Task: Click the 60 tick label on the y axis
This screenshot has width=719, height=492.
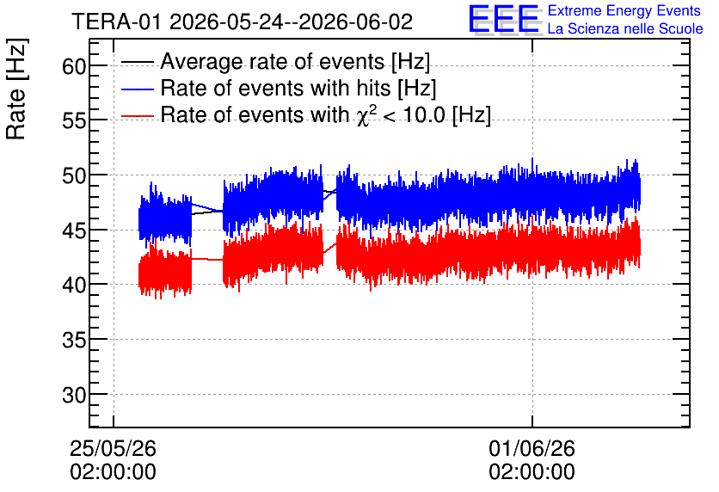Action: [x=74, y=66]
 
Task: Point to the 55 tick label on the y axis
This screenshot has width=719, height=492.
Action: [x=74, y=121]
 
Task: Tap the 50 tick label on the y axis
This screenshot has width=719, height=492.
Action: [x=74, y=175]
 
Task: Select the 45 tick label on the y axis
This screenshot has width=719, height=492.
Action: [x=74, y=231]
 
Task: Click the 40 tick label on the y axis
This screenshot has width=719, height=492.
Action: [x=74, y=286]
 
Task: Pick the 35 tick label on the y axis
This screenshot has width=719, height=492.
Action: [x=74, y=341]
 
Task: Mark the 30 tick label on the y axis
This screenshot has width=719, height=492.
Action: [x=74, y=395]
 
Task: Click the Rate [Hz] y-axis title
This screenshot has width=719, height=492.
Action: [x=16, y=89]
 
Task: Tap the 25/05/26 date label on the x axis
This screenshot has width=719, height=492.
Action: [x=113, y=448]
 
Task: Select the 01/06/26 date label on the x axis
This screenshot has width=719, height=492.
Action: [x=532, y=448]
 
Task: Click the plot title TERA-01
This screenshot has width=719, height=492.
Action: [x=116, y=22]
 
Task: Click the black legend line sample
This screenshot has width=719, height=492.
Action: [x=137, y=62]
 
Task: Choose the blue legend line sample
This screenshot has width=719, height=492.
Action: [x=137, y=89]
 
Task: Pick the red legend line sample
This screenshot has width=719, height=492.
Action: [x=137, y=115]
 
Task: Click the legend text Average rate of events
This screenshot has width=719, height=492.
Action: [x=273, y=61]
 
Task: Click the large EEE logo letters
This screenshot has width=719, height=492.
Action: [x=504, y=19]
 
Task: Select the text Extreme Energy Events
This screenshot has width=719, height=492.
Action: [x=624, y=10]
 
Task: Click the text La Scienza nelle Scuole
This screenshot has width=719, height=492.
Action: [x=625, y=28]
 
